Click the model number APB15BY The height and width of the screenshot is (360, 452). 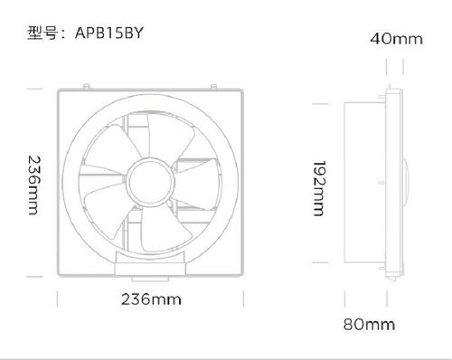[108, 33]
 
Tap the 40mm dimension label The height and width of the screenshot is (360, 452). [396, 39]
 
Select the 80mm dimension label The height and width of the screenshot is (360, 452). [369, 325]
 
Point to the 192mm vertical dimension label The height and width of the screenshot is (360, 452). [319, 188]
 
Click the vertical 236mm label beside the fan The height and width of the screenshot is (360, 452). [33, 185]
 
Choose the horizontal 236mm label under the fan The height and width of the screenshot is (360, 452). [151, 299]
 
